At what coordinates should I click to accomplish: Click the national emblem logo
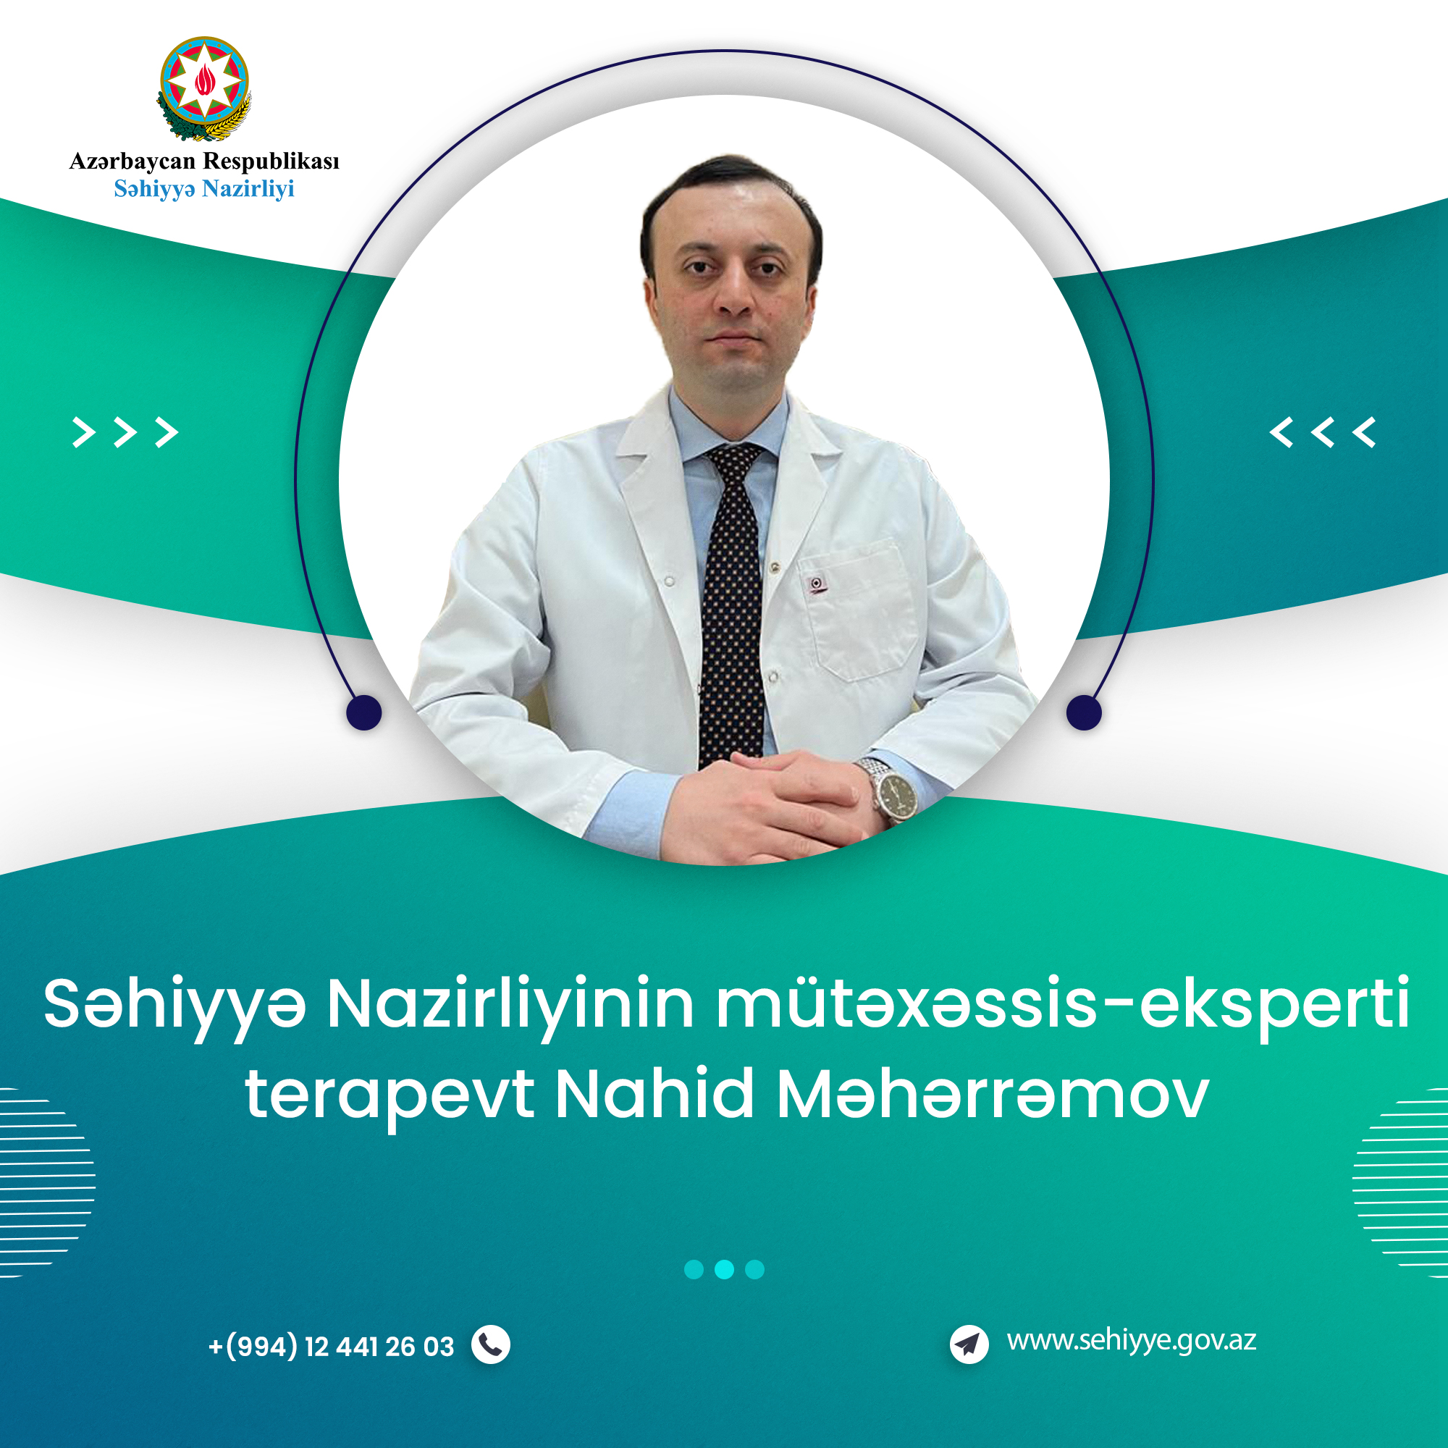[204, 88]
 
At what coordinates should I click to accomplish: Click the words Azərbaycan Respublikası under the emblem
[204, 161]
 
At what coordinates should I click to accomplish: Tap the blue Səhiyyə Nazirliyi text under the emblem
[204, 189]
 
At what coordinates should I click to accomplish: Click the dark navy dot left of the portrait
[364, 712]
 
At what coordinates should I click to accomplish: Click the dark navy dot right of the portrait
[1084, 711]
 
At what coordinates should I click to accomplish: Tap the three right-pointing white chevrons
[125, 432]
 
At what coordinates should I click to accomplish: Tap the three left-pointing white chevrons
[1323, 432]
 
